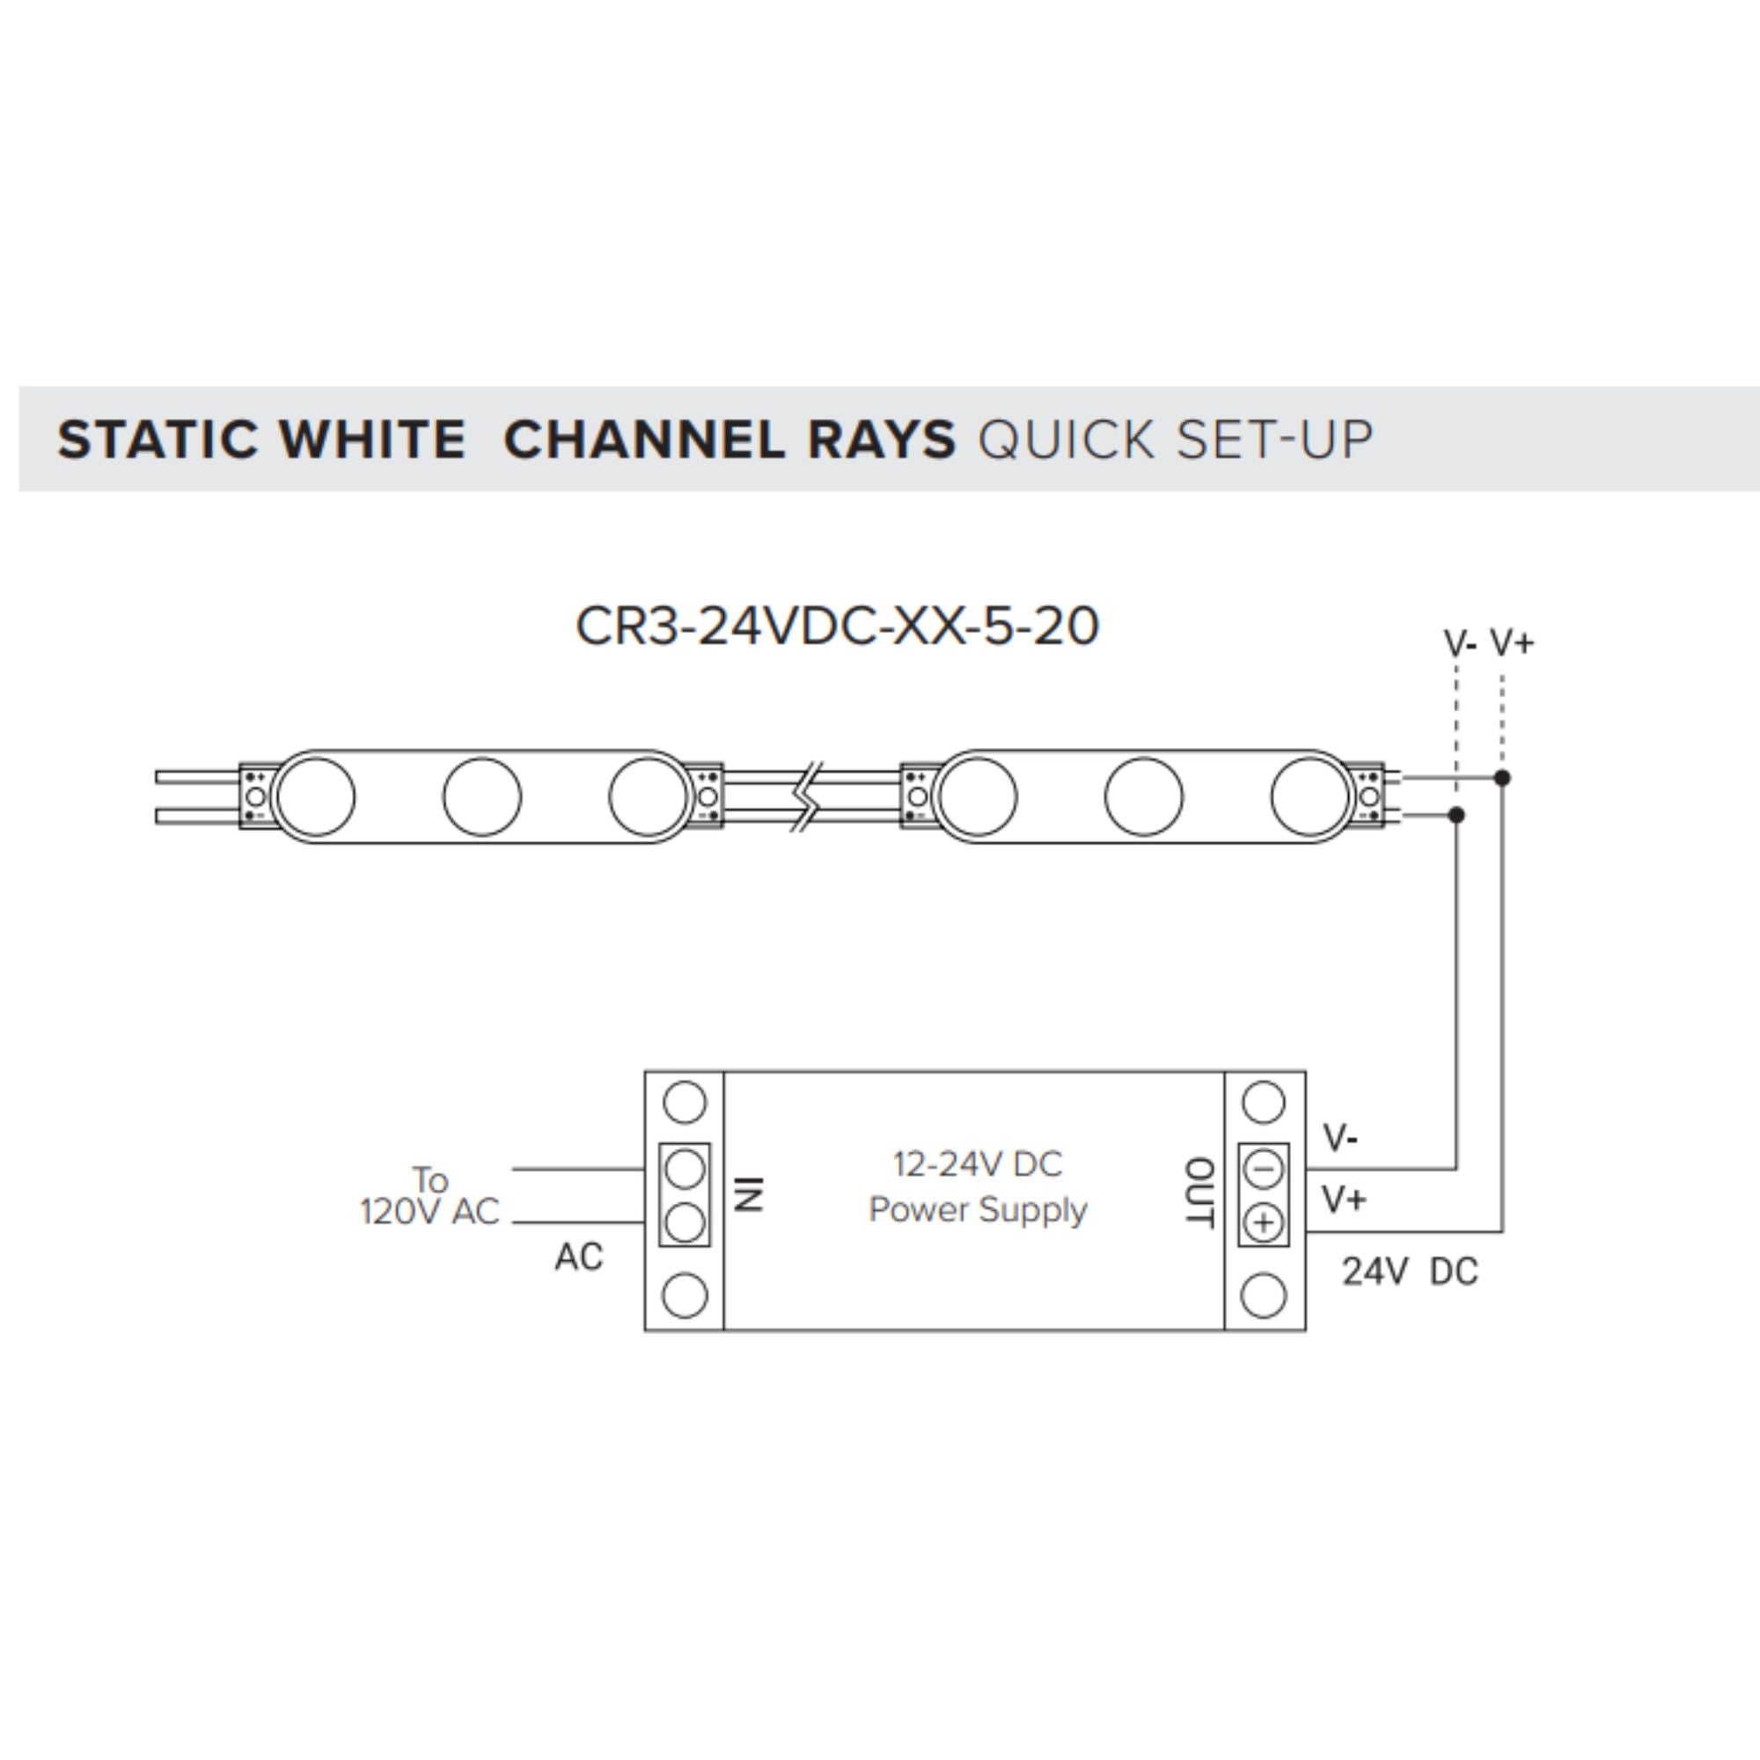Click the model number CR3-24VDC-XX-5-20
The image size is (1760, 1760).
tap(837, 627)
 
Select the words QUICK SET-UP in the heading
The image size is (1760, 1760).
tap(1174, 440)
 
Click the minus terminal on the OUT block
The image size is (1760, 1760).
tap(1263, 1169)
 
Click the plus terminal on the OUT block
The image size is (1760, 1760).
tap(1263, 1222)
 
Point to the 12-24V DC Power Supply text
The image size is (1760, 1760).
tap(978, 1187)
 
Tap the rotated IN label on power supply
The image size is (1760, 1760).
tap(748, 1193)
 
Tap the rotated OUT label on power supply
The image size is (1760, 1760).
tap(1198, 1193)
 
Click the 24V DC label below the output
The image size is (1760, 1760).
tap(1409, 1272)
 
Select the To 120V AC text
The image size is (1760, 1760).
tap(430, 1196)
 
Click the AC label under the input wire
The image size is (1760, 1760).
tap(578, 1258)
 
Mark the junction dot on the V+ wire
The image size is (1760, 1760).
tap(1502, 778)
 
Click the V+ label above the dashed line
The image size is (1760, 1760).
tap(1512, 643)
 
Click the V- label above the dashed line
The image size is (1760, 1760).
tap(1459, 644)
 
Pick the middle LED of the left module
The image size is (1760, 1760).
tap(482, 796)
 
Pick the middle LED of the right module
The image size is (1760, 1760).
tap(1143, 796)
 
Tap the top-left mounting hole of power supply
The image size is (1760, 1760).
tap(684, 1103)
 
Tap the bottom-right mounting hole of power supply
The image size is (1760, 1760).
tap(1263, 1295)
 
